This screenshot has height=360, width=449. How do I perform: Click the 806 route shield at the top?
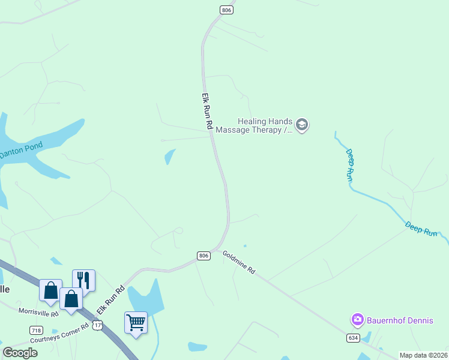[226, 10]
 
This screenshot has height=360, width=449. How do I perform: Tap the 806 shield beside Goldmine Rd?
[203, 256]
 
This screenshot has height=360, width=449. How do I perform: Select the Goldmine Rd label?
[239, 262]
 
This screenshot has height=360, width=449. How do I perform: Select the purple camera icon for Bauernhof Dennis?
[358, 320]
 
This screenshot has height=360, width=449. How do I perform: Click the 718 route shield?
[36, 331]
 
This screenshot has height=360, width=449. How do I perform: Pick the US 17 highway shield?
[98, 325]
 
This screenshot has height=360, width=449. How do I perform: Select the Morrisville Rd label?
[38, 312]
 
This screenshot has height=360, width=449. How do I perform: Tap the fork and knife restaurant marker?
[83, 280]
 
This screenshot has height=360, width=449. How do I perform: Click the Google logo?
[20, 353]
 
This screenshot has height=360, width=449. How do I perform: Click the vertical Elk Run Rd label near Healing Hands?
[207, 112]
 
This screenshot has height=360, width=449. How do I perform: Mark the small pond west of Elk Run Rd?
[170, 157]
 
